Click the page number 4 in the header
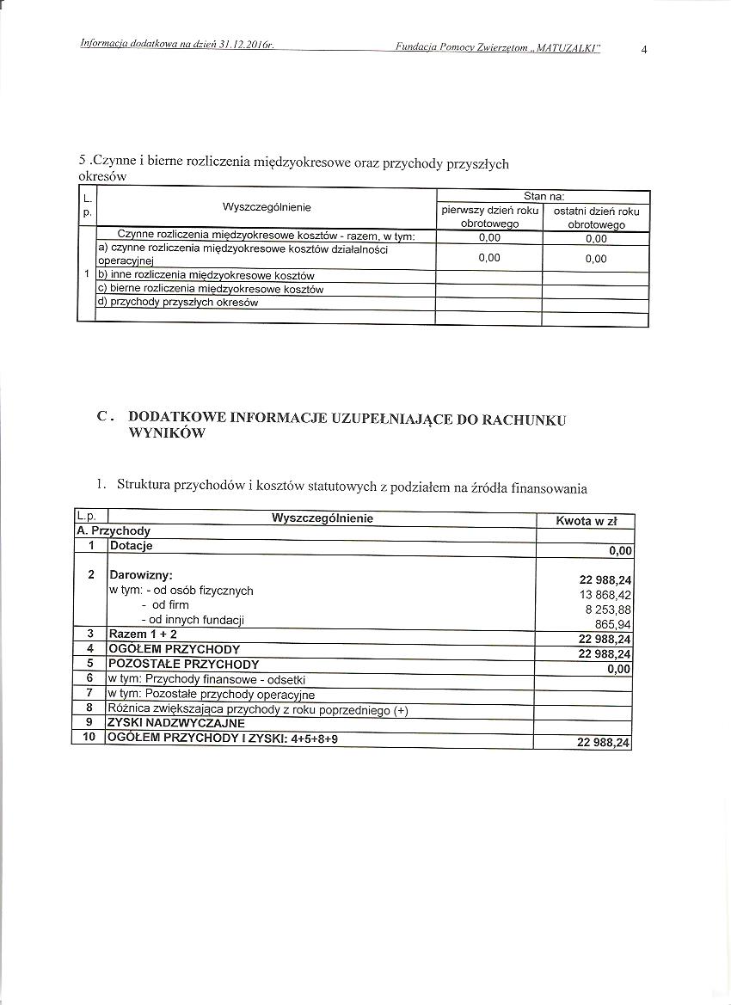click(644, 49)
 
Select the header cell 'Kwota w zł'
click(585, 522)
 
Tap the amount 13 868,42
click(606, 595)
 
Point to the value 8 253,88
click(608, 610)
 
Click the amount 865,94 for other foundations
click(613, 624)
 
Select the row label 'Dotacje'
click(132, 546)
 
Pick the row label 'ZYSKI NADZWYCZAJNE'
click(176, 723)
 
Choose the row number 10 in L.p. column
click(89, 738)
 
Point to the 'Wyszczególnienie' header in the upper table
click(267, 207)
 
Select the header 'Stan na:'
click(543, 197)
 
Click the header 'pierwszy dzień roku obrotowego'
click(489, 218)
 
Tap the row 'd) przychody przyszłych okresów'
click(179, 303)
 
